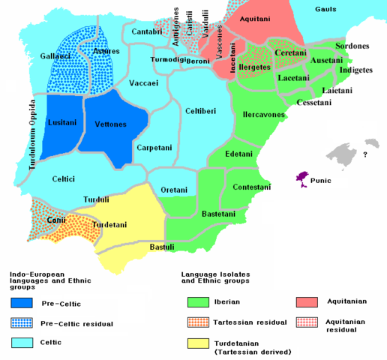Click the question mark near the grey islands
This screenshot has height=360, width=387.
[365, 154]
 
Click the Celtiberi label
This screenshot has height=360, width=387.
[201, 111]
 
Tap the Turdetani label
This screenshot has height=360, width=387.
[109, 224]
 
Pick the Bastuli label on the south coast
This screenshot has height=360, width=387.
[162, 246]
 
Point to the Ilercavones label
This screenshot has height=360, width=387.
[264, 115]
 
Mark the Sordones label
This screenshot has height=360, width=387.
[352, 46]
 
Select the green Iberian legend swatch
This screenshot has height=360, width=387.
[198, 304]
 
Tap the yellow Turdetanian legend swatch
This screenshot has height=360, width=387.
[198, 344]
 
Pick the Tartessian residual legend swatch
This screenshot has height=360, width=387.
[198, 323]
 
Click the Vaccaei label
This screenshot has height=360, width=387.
[143, 82]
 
